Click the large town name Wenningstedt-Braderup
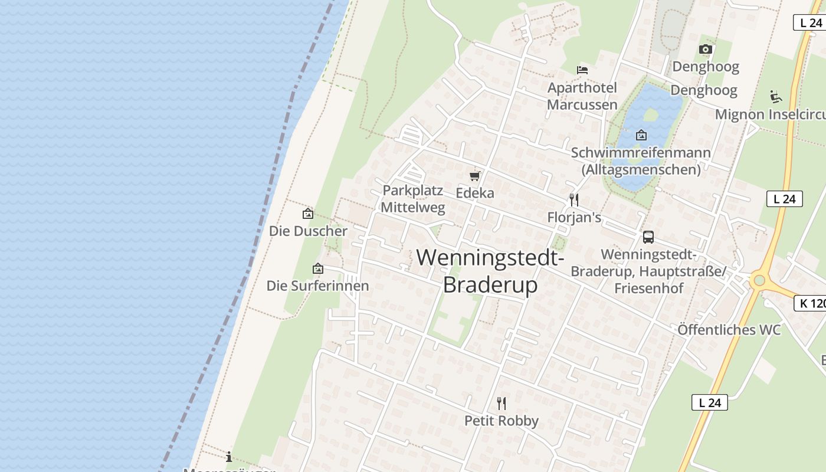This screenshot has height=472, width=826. pyautogui.click(x=490, y=271)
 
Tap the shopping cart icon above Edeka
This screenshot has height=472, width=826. pyautogui.click(x=475, y=176)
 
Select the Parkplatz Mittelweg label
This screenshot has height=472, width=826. pyautogui.click(x=413, y=199)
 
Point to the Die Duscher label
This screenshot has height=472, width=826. pyautogui.click(x=308, y=231)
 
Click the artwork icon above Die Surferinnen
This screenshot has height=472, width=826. pyautogui.click(x=318, y=269)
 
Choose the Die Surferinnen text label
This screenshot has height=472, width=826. pyautogui.click(x=317, y=286)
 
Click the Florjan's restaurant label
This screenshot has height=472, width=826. pyautogui.click(x=574, y=217)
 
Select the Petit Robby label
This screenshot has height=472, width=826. pyautogui.click(x=501, y=421)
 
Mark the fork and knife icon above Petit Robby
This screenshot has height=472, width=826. pyautogui.click(x=501, y=404)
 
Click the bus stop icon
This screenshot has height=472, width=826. pyautogui.click(x=648, y=237)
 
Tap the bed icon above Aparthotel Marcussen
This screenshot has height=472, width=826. pyautogui.click(x=582, y=70)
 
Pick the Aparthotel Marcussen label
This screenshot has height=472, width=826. pyautogui.click(x=582, y=96)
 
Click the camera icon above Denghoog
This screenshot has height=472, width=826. pyautogui.click(x=706, y=49)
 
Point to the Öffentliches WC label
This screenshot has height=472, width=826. pyautogui.click(x=729, y=329)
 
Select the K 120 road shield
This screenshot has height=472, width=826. pyautogui.click(x=809, y=303)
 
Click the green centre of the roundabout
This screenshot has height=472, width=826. pyautogui.click(x=759, y=280)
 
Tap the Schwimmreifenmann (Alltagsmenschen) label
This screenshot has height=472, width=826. pyautogui.click(x=641, y=161)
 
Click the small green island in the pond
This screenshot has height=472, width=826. pyautogui.click(x=650, y=114)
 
